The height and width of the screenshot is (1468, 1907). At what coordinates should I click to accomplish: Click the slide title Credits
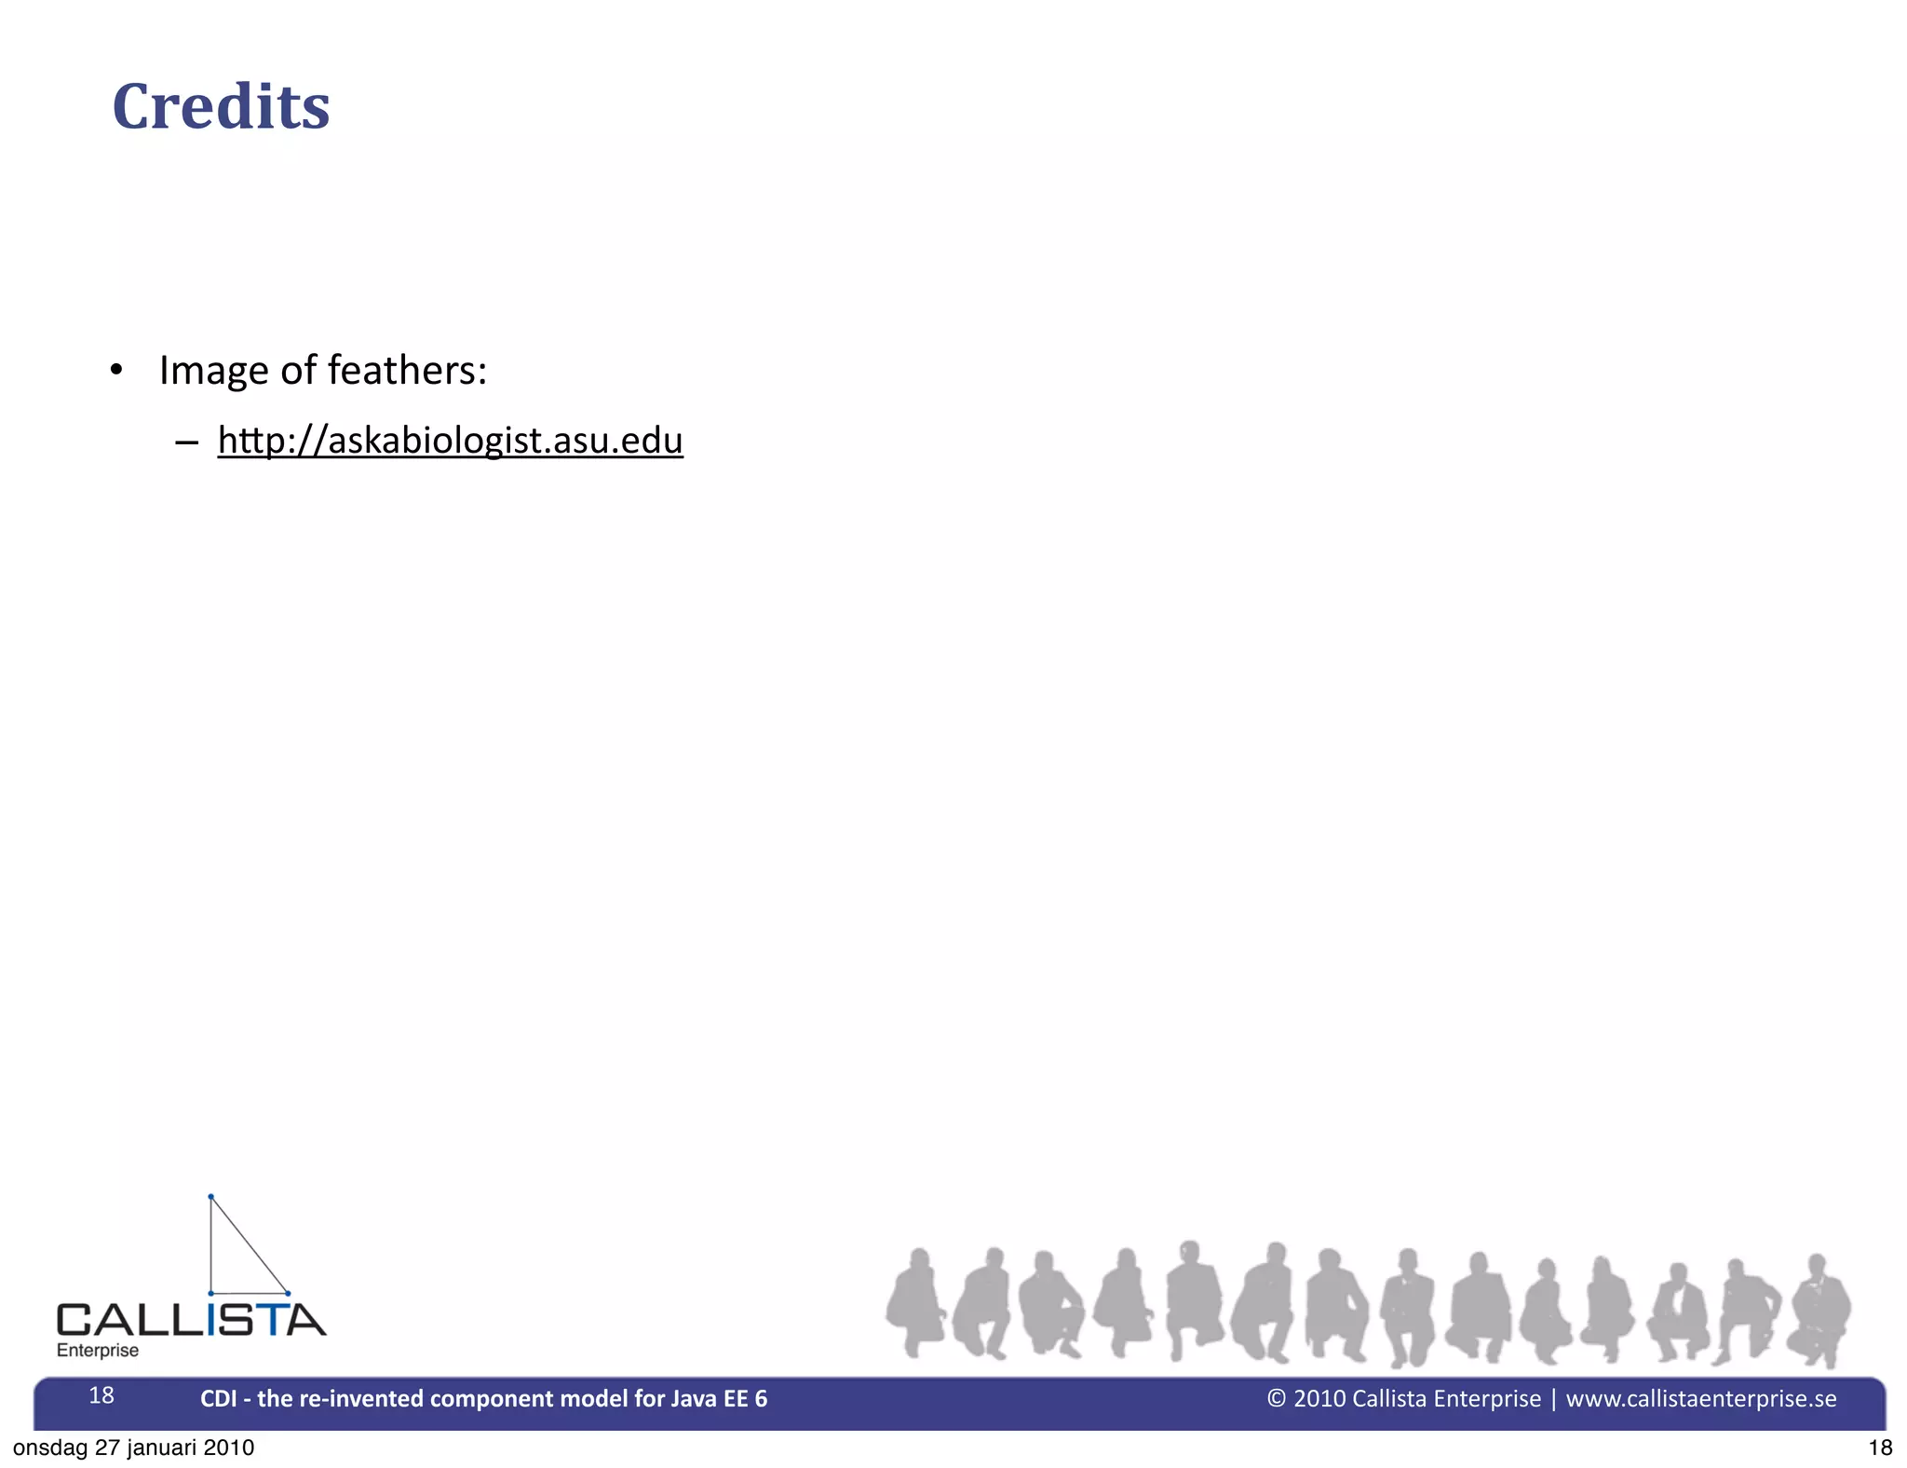[221, 106]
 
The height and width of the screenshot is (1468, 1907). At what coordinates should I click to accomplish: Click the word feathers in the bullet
[402, 371]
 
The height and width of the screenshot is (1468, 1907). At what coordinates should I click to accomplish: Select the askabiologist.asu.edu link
[451, 441]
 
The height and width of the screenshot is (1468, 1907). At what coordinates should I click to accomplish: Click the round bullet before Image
[115, 371]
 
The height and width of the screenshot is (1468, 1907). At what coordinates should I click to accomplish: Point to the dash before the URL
[186, 442]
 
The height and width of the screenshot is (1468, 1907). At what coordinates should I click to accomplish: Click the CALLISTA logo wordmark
[191, 1320]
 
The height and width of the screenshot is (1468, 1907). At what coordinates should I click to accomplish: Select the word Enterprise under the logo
[98, 1351]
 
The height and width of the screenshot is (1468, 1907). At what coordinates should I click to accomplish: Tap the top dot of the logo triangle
[211, 1196]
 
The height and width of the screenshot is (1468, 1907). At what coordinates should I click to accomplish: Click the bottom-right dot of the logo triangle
[288, 1293]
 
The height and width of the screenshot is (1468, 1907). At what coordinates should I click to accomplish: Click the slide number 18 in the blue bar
[101, 1395]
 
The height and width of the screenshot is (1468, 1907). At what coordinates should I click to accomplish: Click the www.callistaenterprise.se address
[1701, 1399]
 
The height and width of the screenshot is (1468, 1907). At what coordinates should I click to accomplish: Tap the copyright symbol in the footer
[1277, 1398]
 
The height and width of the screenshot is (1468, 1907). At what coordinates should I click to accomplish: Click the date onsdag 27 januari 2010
[133, 1448]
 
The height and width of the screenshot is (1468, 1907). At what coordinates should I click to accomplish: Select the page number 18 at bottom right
[1880, 1448]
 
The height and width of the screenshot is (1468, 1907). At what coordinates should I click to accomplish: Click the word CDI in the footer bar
[218, 1399]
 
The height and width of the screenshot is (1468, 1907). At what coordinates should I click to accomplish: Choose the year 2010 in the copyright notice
[1319, 1399]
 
